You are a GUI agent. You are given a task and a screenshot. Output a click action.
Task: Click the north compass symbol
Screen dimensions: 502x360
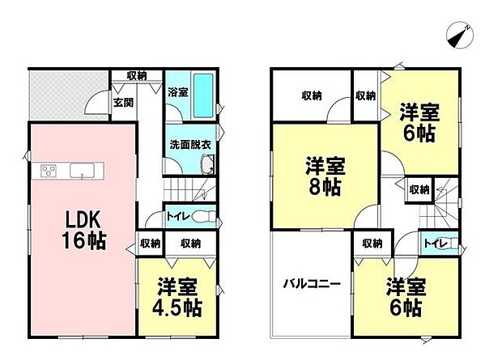click(x=460, y=36)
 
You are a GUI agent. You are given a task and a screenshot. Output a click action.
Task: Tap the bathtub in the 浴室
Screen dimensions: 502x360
click(x=203, y=95)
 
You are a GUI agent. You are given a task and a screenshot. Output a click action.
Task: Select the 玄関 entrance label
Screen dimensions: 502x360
click(x=123, y=103)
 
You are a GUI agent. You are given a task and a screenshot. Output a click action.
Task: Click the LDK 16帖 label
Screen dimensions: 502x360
click(x=84, y=230)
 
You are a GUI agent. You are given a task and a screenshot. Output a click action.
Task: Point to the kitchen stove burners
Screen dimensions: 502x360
click(x=49, y=170)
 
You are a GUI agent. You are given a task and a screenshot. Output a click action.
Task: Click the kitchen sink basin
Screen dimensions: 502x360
click(x=82, y=170)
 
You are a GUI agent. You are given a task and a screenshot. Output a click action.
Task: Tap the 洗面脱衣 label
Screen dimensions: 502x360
click(x=190, y=145)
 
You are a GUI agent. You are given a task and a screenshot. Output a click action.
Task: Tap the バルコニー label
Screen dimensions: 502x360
click(x=312, y=283)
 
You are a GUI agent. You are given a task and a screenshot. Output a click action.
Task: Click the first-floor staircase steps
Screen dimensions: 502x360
click(x=189, y=190)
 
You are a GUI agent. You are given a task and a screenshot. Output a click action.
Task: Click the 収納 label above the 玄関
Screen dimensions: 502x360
click(x=137, y=76)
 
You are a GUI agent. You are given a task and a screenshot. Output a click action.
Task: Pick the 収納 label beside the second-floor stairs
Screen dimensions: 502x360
click(x=419, y=190)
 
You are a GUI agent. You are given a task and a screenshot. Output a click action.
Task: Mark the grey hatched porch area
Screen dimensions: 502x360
click(x=68, y=95)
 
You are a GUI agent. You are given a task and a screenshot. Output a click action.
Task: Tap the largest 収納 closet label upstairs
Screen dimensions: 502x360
click(x=312, y=95)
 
